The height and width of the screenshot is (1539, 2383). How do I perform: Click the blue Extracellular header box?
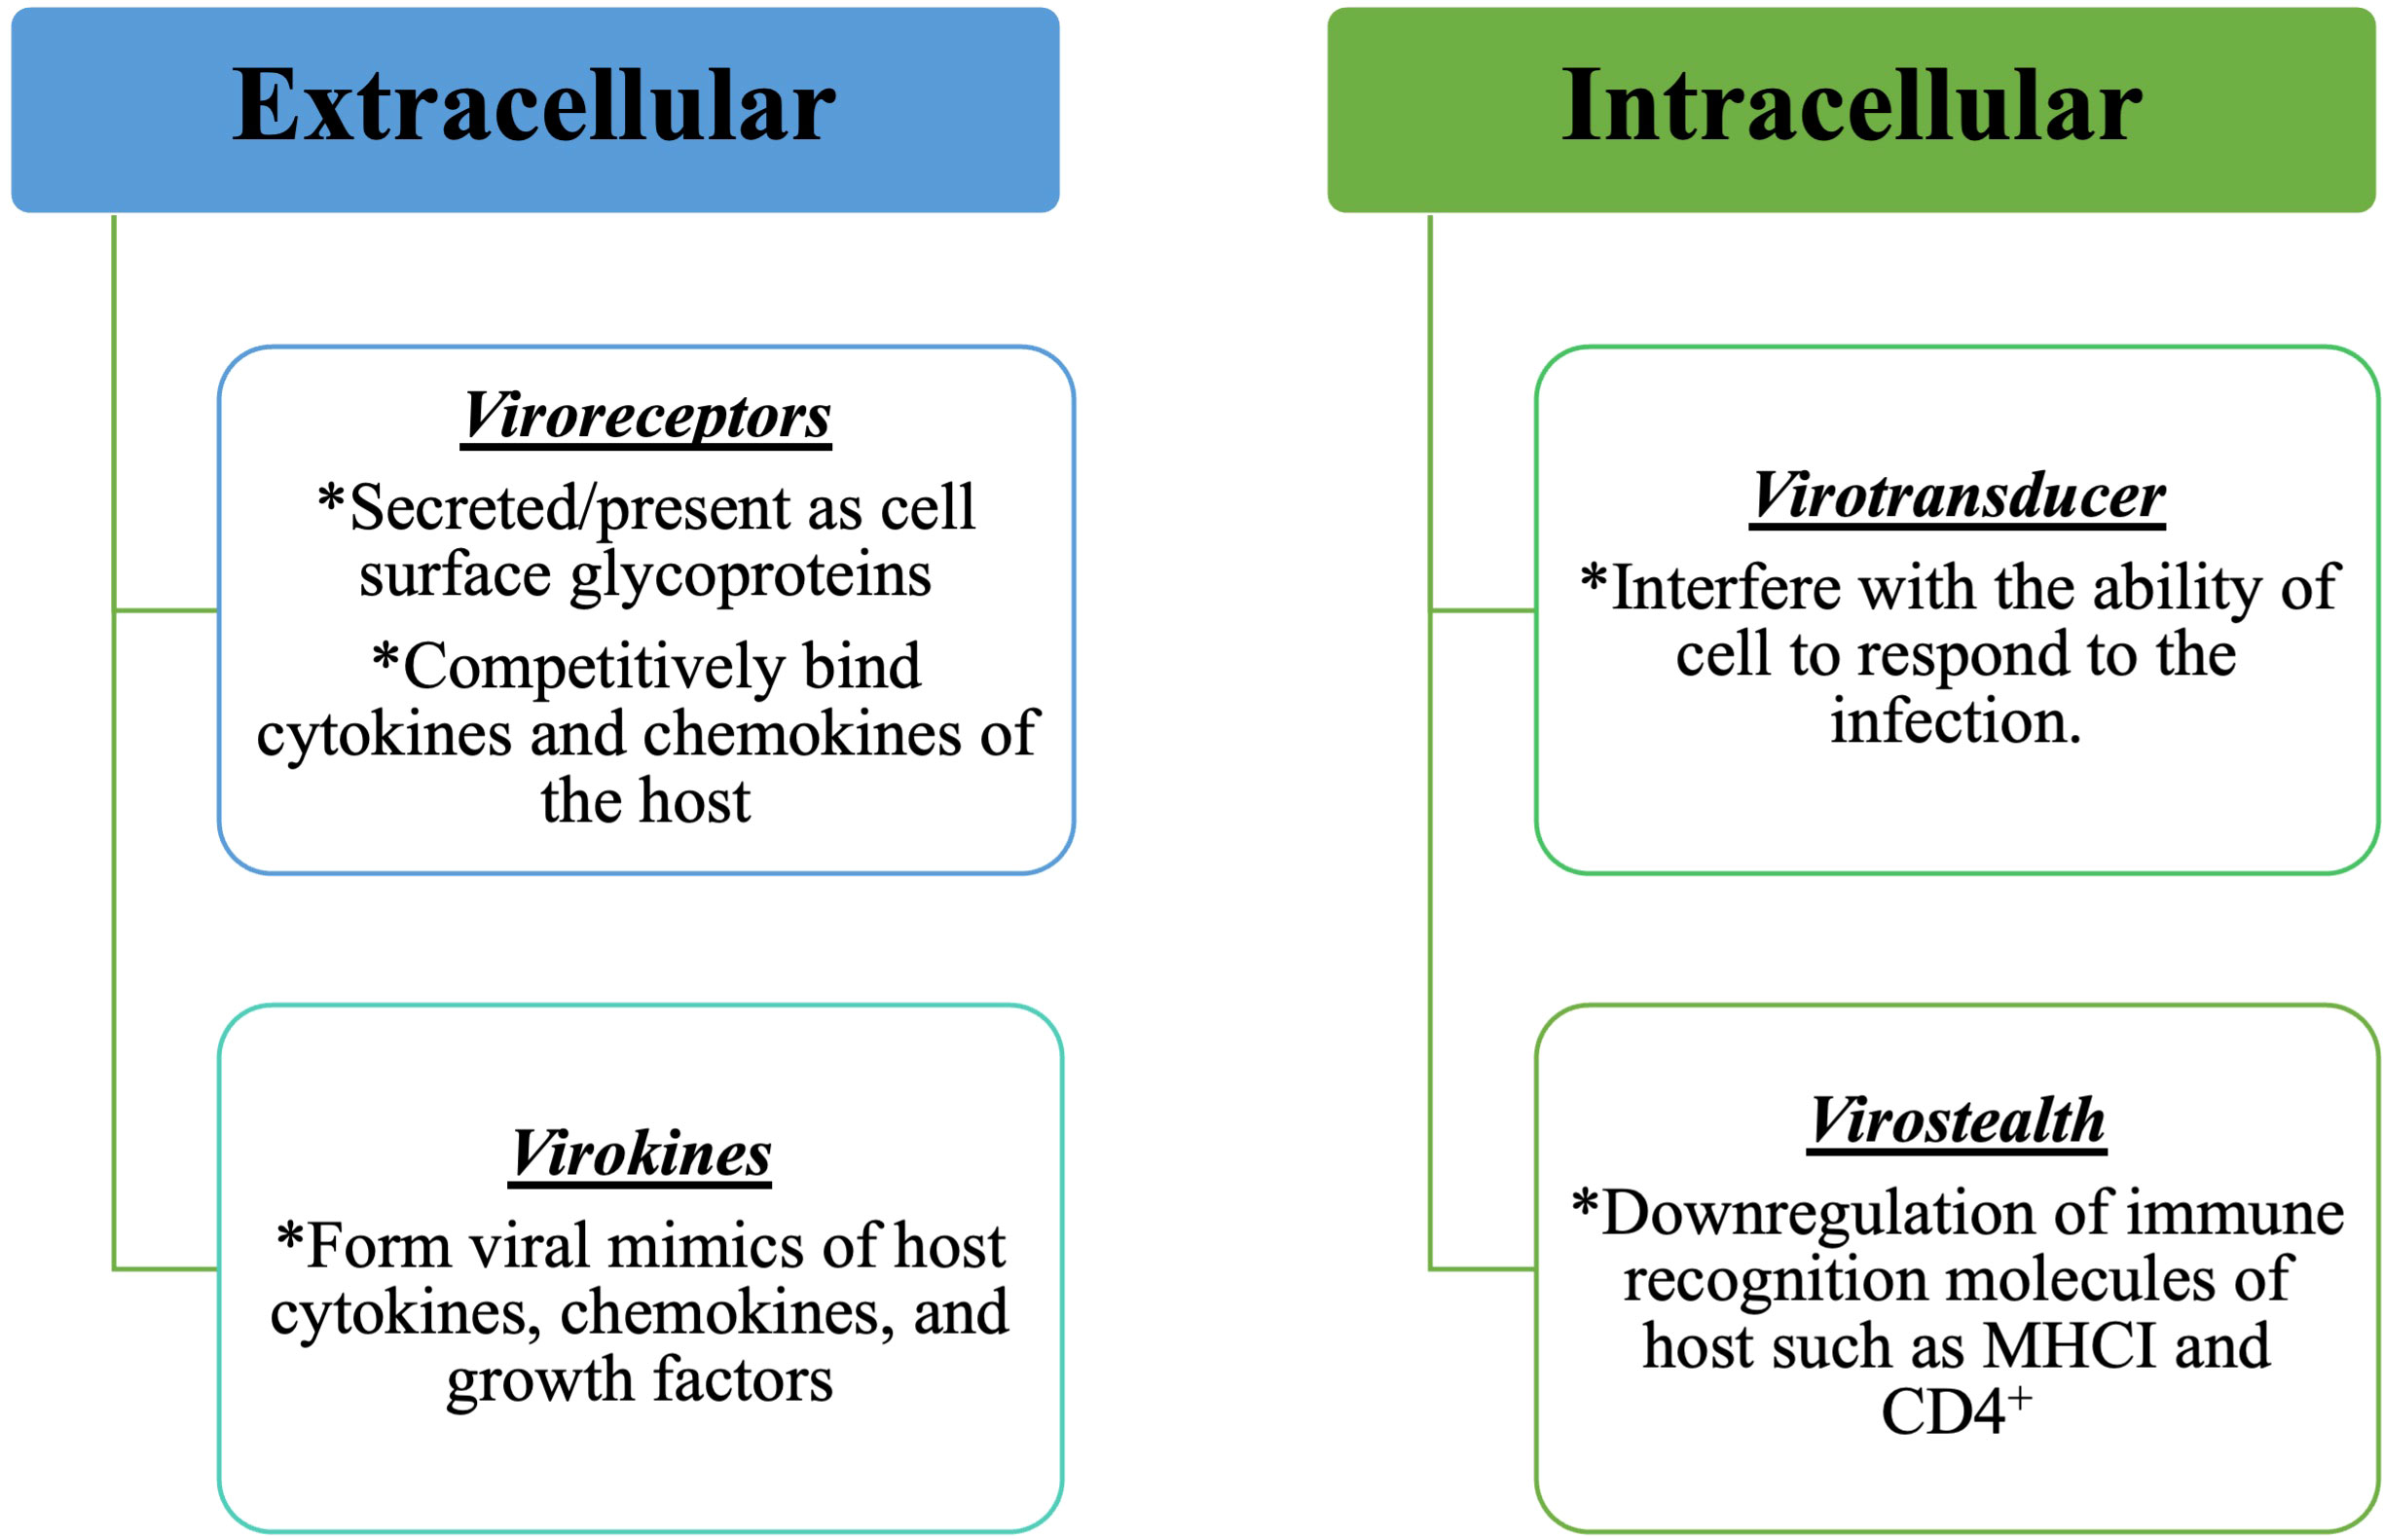tap(534, 110)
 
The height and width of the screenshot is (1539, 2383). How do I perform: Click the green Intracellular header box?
tap(1851, 110)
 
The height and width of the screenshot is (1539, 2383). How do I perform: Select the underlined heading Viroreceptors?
tap(645, 416)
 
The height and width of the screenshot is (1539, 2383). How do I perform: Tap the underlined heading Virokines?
tap(640, 1154)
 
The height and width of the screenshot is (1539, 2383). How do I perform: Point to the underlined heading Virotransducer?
tap(1958, 495)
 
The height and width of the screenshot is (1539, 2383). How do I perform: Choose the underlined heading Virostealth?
tap(1957, 1121)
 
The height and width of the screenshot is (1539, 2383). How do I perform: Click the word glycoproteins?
tap(751, 576)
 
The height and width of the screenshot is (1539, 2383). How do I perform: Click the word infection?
tap(1956, 720)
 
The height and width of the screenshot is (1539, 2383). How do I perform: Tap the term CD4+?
tap(1956, 1411)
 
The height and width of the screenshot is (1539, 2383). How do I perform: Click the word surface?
tap(455, 575)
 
